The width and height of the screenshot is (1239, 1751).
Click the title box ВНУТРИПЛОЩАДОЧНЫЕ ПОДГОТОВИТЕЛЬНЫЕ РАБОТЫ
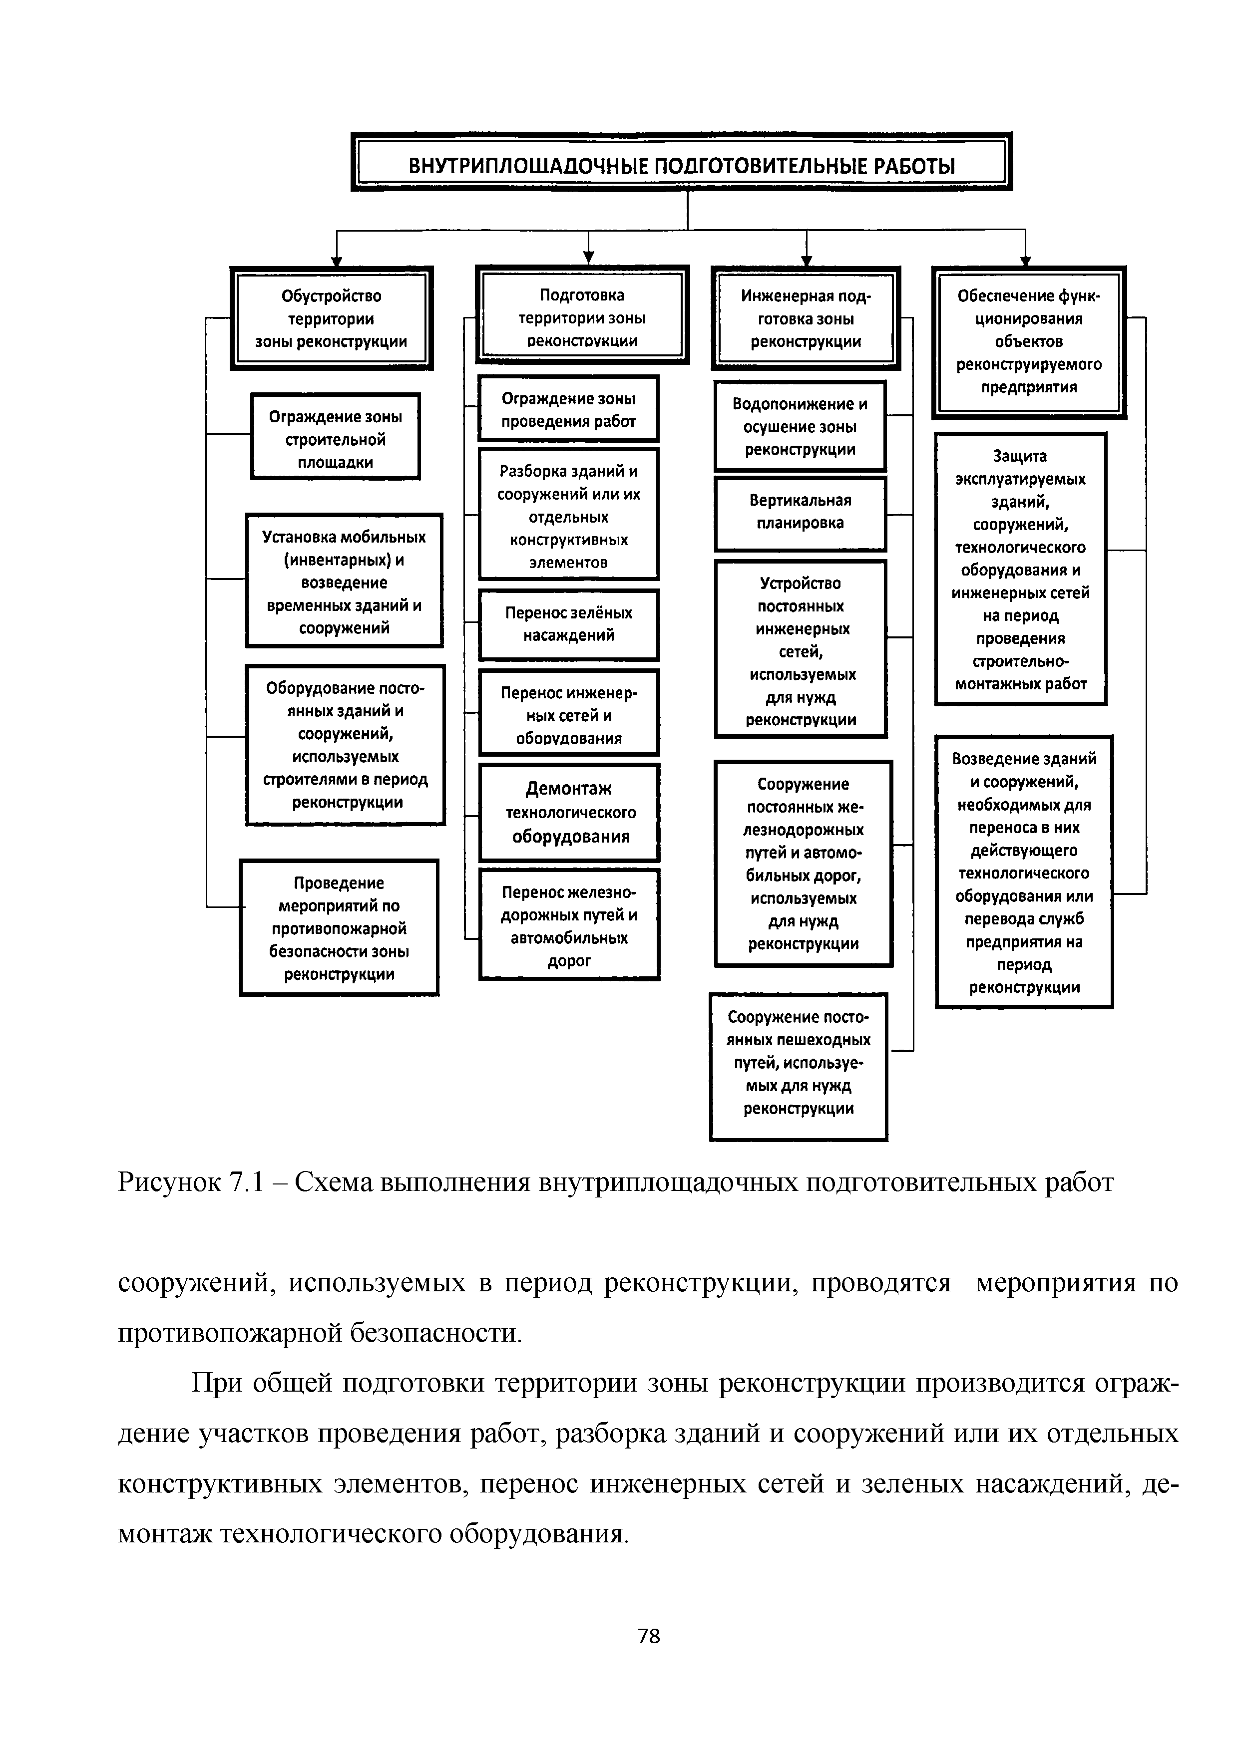(681, 164)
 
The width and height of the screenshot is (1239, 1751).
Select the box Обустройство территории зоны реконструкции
(331, 318)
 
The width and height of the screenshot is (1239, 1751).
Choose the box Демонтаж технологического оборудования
(569, 812)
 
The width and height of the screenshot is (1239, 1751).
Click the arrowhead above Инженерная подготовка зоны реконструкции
(807, 260)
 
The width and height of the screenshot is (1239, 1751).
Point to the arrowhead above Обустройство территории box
(336, 260)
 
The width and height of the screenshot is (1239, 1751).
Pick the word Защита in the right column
(1020, 456)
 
